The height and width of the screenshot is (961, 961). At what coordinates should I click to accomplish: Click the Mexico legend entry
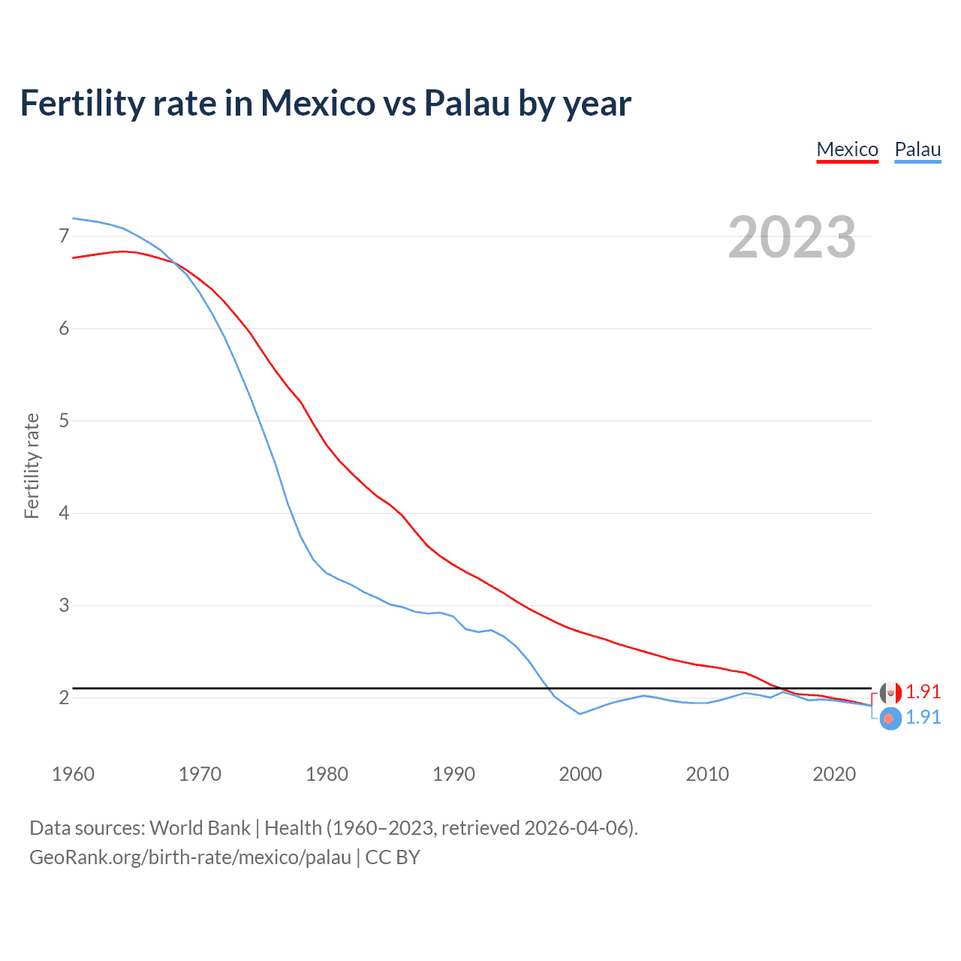[847, 149]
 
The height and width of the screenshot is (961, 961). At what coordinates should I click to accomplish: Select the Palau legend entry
[917, 149]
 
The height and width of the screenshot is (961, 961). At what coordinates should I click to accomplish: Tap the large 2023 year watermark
[791, 237]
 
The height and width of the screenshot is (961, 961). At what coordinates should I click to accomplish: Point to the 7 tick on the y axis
[64, 236]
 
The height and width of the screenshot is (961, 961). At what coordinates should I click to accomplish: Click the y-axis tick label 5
[64, 421]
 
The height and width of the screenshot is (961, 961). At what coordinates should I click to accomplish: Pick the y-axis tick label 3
[64, 606]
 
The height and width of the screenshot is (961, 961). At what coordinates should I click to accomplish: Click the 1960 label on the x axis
[73, 774]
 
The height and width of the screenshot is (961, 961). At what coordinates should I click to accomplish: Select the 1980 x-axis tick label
[327, 774]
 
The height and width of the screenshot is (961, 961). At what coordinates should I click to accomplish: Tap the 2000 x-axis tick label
[580, 774]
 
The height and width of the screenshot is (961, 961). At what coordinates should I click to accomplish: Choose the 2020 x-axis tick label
[834, 774]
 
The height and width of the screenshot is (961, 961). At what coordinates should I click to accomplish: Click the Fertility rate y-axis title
[32, 465]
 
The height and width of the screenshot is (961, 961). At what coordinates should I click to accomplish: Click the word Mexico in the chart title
[317, 103]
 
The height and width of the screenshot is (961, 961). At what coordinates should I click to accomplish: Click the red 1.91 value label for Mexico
[923, 691]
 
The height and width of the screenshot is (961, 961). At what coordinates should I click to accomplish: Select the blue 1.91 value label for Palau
[923, 718]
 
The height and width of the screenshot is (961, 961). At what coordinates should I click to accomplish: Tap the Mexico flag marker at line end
[890, 693]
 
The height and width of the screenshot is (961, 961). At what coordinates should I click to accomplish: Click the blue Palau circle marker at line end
[890, 718]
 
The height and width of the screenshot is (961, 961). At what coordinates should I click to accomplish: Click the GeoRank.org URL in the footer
[190, 857]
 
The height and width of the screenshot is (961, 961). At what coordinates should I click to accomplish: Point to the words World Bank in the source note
[200, 828]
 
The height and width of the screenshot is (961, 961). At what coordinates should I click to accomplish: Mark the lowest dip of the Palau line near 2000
[580, 714]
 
